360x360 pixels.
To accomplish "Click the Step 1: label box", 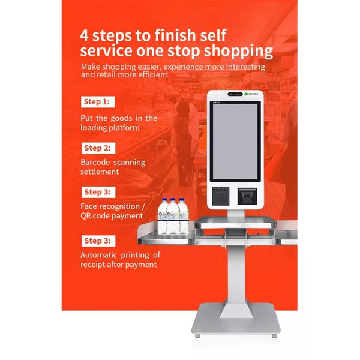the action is (x=98, y=102).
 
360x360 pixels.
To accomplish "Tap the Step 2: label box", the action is (x=98, y=148).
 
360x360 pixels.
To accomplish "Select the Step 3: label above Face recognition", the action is (x=98, y=192).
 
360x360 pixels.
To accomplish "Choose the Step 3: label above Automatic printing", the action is (x=98, y=241).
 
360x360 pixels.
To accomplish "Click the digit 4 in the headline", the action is (x=84, y=35).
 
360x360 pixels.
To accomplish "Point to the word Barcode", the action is (x=95, y=163).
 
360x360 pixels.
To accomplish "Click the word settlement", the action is (x=100, y=172).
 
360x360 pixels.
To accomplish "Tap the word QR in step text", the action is (x=85, y=216).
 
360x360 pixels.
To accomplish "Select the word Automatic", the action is (x=99, y=255).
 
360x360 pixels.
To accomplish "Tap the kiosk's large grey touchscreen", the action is (x=235, y=141).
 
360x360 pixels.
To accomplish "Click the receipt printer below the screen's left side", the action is (x=221, y=196).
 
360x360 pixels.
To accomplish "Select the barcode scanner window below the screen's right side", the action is (x=247, y=196).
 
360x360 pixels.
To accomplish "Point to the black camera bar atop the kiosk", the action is (x=235, y=94).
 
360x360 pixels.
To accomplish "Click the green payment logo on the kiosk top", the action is (x=246, y=94).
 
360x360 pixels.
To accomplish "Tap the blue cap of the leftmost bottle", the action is (x=164, y=200).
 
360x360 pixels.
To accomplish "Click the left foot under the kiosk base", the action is (x=197, y=336).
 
